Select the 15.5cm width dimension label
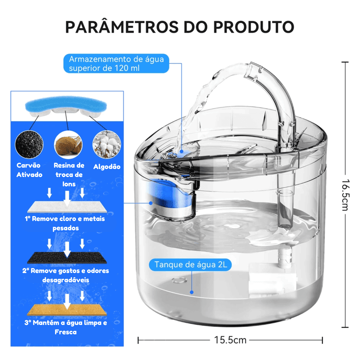tap(230, 340)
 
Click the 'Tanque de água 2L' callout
tap(190, 265)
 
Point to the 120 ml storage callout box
tap(116, 63)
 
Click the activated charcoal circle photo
tap(29, 144)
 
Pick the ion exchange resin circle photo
tap(68, 145)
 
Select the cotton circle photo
tap(107, 144)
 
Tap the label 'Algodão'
tap(107, 167)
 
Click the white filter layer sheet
tap(67, 207)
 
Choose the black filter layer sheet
tap(67, 258)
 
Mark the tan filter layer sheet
tap(67, 310)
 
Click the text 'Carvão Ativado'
tap(29, 170)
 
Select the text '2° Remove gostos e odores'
tap(66, 271)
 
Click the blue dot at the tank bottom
tap(192, 292)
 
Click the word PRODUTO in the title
tap(253, 27)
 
